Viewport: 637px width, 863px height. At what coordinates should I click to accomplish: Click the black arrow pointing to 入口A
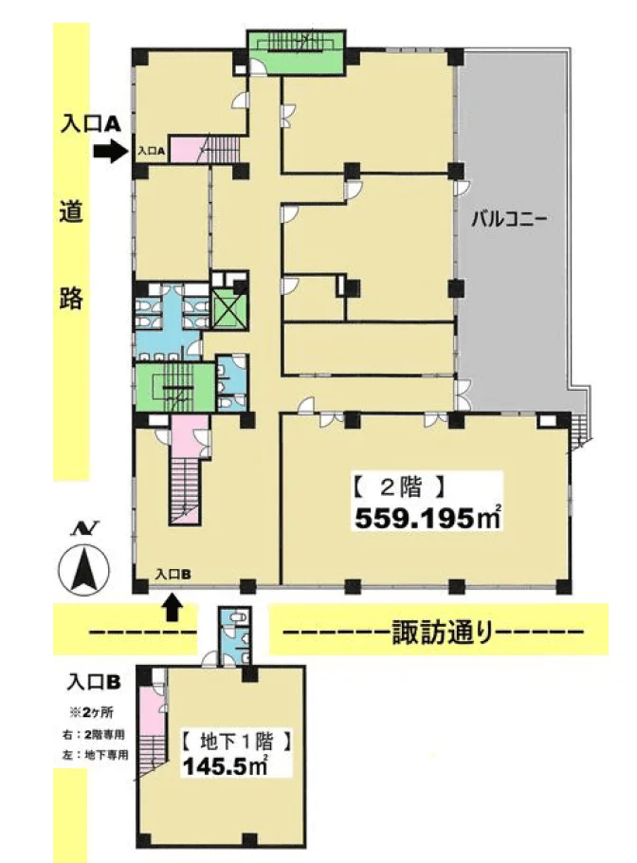point(110,151)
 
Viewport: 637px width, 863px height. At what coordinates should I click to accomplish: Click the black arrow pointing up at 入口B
point(173,605)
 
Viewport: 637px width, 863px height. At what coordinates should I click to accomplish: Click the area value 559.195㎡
point(428,518)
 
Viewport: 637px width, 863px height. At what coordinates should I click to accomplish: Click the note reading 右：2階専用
point(94,734)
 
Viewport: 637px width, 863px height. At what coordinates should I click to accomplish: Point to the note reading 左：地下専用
point(94,755)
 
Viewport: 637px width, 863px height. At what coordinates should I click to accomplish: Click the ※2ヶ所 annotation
point(94,712)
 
